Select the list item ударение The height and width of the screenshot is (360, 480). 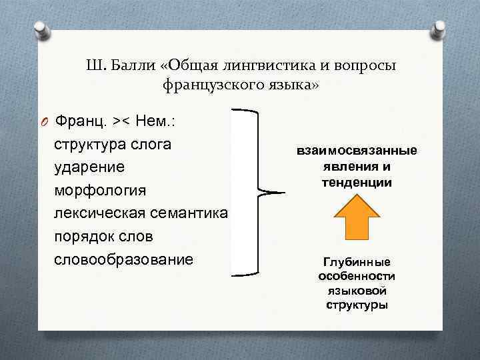coord(90,167)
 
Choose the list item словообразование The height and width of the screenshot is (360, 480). coord(123,259)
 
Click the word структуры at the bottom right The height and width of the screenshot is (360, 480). coord(357,305)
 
